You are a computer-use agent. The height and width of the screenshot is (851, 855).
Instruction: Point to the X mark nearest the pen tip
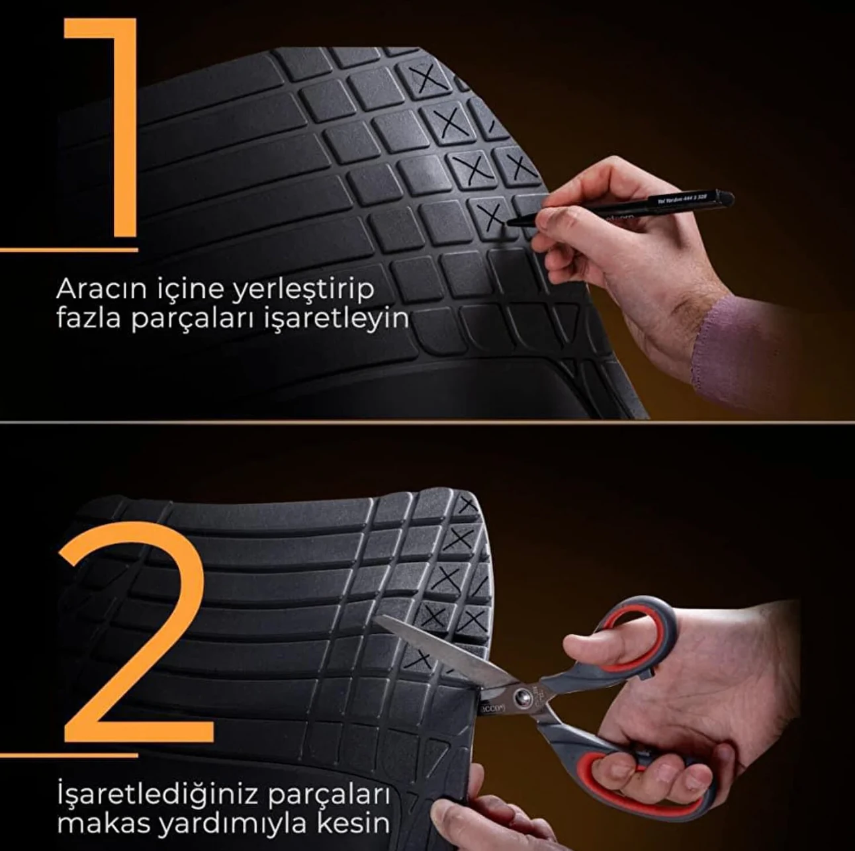pyautogui.click(x=490, y=215)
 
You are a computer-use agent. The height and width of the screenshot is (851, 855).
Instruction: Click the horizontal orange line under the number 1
pyautogui.click(x=69, y=250)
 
